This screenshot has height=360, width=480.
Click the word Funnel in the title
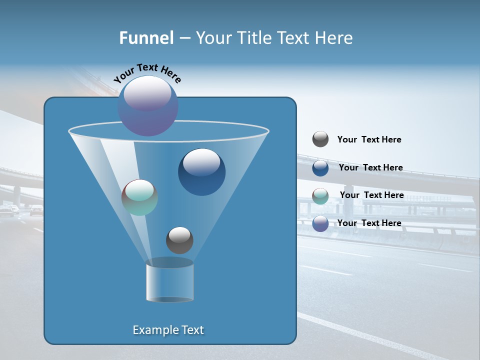pyautogui.click(x=146, y=38)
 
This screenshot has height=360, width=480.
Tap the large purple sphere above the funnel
pyautogui.click(x=148, y=106)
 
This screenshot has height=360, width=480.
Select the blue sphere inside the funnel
pyautogui.click(x=201, y=172)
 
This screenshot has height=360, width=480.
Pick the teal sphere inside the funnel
pyautogui.click(x=139, y=198)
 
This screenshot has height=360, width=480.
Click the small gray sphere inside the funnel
pyautogui.click(x=179, y=240)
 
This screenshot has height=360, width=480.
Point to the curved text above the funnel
pyautogui.click(x=147, y=73)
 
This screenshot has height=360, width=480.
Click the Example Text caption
pyautogui.click(x=168, y=330)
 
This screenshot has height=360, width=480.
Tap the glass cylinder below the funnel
pyautogui.click(x=169, y=283)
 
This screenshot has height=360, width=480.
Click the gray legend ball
pyautogui.click(x=320, y=139)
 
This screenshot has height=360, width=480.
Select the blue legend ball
pyautogui.click(x=320, y=168)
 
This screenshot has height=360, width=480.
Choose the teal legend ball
pyautogui.click(x=320, y=196)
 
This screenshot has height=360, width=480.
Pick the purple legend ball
pyautogui.click(x=320, y=223)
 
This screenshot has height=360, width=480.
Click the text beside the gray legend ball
pyautogui.click(x=369, y=140)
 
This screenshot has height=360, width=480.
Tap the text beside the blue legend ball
pyautogui.click(x=370, y=168)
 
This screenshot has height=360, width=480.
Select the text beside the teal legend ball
pyautogui.click(x=371, y=195)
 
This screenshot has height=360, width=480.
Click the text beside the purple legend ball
pyautogui.click(x=369, y=223)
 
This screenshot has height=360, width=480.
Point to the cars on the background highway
pyautogui.click(x=22, y=210)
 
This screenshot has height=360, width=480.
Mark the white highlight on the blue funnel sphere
pyautogui.click(x=201, y=161)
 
